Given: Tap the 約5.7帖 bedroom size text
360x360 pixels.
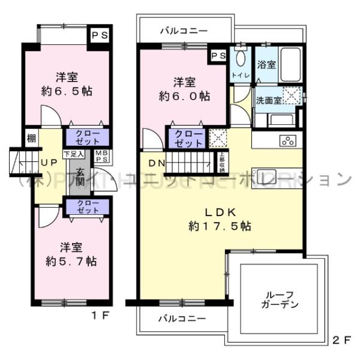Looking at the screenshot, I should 71,262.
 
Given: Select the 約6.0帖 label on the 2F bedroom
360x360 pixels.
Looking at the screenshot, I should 184,95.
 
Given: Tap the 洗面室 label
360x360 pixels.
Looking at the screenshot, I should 269,100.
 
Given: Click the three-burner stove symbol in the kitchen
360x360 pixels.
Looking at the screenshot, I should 287,142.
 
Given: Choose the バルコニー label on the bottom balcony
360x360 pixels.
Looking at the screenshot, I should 183,317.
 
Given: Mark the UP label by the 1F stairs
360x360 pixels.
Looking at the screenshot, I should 49,162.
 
